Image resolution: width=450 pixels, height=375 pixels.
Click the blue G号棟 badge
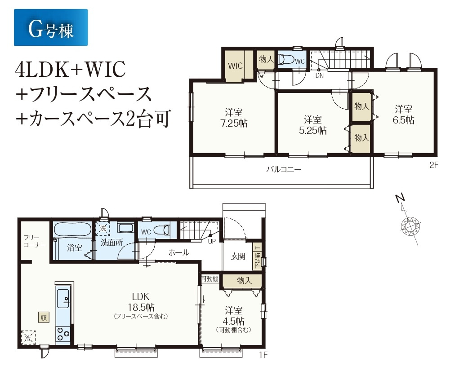(x=51, y=27)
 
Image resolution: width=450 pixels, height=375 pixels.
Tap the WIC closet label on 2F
(x=235, y=66)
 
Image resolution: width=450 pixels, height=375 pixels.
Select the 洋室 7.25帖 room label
(x=234, y=118)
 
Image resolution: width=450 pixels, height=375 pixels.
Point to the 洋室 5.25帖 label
(x=312, y=125)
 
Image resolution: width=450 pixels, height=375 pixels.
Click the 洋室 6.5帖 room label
(x=403, y=115)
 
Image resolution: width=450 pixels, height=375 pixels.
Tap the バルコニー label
(x=284, y=169)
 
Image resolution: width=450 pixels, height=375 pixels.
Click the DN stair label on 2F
(x=320, y=76)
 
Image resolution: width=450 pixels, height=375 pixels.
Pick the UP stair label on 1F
(x=212, y=242)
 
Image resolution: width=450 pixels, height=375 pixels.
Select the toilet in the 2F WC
(x=287, y=60)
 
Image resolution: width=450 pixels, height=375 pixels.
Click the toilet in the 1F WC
(x=161, y=230)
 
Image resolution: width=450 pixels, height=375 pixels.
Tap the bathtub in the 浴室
(x=73, y=230)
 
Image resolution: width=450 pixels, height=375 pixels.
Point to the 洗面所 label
(x=112, y=243)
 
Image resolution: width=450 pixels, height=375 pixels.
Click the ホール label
(x=179, y=252)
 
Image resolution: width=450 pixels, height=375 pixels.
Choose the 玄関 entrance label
(x=238, y=256)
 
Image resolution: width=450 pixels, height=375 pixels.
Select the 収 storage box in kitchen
(x=44, y=318)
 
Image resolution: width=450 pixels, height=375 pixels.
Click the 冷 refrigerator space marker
(x=28, y=337)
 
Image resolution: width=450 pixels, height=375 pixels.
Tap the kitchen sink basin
(x=63, y=299)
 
